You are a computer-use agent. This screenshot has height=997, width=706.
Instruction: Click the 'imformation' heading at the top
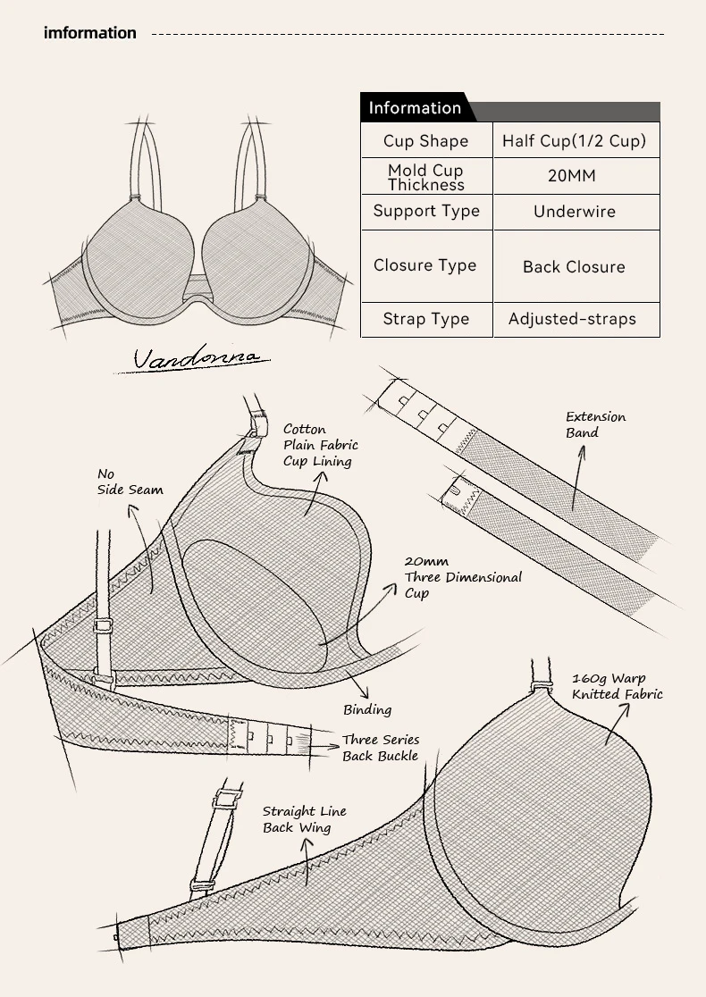tap(90, 33)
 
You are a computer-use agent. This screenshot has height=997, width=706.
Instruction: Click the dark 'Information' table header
tap(415, 108)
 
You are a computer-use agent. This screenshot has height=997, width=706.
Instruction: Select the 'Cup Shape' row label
tap(425, 141)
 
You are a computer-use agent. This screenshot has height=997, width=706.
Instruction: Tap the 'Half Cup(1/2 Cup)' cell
tap(574, 141)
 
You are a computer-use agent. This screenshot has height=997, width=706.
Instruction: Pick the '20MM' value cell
tap(572, 176)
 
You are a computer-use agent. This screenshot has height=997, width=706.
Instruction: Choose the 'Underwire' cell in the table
tap(575, 212)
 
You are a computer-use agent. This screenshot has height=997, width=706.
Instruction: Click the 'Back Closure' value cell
tap(574, 266)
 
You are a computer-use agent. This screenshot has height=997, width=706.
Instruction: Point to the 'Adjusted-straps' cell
tap(572, 319)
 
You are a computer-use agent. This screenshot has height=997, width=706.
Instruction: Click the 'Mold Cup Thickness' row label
tap(426, 177)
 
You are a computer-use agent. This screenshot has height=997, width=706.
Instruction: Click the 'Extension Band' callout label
tap(595, 424)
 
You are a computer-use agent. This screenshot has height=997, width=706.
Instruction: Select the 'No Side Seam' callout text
tap(130, 482)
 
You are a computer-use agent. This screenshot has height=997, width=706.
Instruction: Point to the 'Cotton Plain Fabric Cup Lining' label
tap(320, 445)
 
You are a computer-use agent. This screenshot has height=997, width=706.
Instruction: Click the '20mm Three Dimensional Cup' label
tap(462, 577)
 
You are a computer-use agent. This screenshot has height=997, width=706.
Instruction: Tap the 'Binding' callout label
tap(367, 709)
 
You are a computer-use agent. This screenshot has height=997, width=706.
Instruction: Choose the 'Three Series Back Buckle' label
tap(381, 748)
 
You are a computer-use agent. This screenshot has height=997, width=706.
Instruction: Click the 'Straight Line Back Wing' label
tap(304, 819)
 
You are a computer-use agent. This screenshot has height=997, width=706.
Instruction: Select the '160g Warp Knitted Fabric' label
tap(617, 686)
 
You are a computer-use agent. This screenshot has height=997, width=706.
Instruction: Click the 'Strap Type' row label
tap(426, 319)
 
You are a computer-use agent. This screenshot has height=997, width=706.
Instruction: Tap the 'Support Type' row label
tap(426, 212)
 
